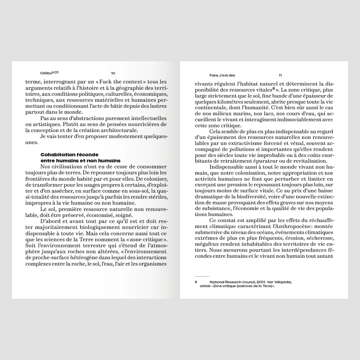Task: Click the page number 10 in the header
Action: (113, 73)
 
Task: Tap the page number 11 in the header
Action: (280, 75)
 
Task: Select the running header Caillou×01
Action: (49, 73)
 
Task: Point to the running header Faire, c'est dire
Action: (222, 75)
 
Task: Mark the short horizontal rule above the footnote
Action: (202, 276)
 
